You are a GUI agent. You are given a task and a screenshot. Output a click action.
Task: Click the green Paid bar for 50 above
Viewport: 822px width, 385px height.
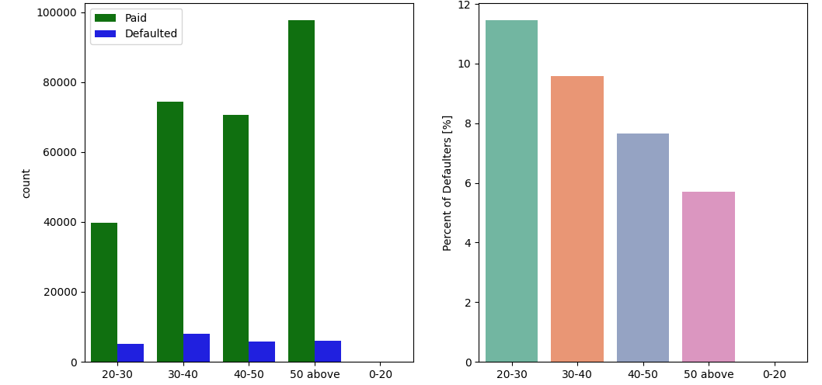point(301,191)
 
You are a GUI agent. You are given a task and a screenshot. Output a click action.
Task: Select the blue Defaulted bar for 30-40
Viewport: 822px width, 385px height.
point(197,348)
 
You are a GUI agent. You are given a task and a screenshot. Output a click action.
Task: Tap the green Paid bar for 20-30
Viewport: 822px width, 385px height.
point(104,292)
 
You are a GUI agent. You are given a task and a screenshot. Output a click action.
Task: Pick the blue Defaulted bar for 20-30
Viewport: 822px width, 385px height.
point(131,353)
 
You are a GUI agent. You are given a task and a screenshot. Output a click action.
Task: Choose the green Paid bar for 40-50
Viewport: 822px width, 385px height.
point(235,238)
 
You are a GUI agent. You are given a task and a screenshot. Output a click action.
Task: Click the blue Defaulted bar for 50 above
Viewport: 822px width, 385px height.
point(328,352)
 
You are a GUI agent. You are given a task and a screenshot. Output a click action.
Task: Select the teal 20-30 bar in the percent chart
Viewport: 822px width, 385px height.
point(511,191)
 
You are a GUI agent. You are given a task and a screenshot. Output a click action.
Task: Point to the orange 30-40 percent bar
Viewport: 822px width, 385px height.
point(577,219)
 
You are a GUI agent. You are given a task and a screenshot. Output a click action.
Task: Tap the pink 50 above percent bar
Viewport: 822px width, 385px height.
point(709,276)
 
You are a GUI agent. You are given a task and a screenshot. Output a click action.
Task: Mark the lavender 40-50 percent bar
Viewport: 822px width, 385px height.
point(643,248)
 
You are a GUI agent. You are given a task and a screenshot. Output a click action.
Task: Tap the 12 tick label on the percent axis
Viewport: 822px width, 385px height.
point(464,5)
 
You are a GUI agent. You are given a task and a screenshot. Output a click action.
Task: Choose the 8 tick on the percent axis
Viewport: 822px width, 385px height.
point(467,123)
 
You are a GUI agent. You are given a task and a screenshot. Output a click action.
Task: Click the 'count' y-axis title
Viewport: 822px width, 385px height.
point(26,183)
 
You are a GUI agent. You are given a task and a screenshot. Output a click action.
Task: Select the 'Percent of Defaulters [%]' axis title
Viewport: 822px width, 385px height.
point(448,183)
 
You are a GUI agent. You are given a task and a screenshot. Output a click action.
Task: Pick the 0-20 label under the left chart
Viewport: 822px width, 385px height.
point(381,374)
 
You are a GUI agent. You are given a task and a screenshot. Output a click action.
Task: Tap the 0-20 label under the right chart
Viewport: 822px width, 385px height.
point(774,374)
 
